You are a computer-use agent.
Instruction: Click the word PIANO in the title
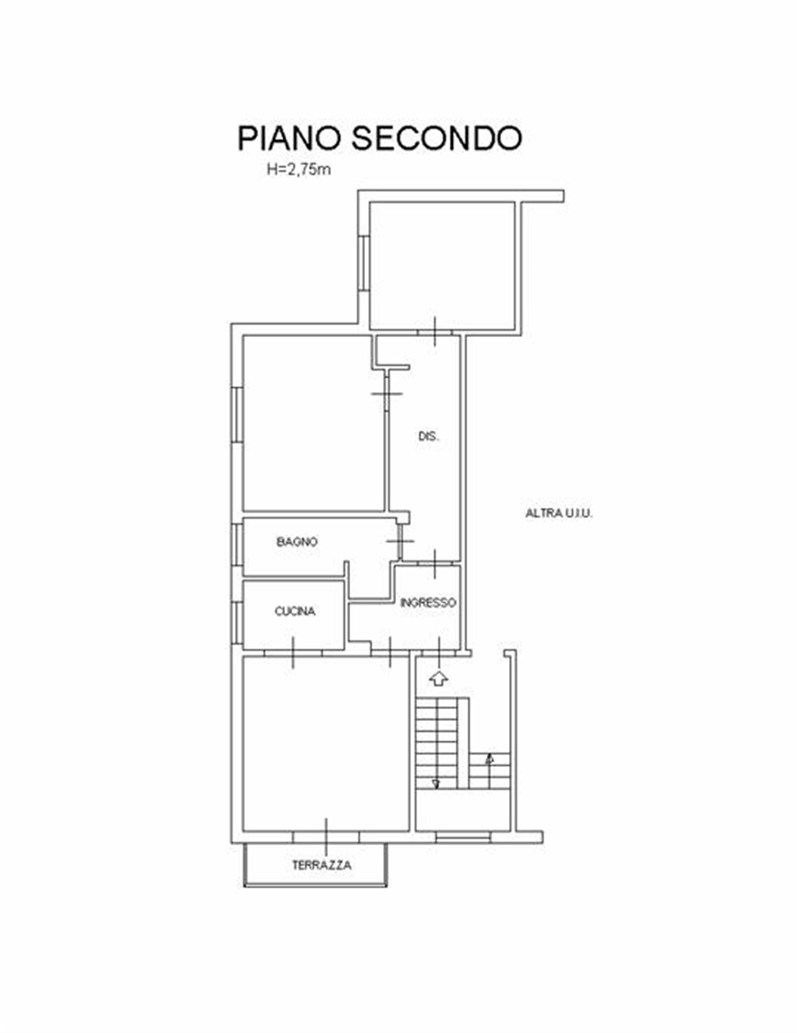coord(290,139)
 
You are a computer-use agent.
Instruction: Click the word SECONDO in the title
coord(437,139)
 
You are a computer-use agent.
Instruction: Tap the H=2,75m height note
coord(298,169)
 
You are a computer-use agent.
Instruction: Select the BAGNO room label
coord(297,542)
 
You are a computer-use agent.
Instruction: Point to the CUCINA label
coord(295,611)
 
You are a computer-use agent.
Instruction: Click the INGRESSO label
coord(428,603)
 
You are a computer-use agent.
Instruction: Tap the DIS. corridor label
coord(428,436)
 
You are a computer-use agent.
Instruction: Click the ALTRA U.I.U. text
coord(559,514)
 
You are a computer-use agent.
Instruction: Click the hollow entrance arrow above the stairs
coord(439,678)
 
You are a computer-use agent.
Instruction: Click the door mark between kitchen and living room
coord(293,652)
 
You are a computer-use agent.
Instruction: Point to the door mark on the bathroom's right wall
coord(400,541)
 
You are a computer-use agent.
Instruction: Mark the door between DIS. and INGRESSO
coord(435,564)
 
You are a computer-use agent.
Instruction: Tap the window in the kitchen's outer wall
coord(237,623)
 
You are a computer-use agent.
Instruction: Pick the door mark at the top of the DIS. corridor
coord(435,331)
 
